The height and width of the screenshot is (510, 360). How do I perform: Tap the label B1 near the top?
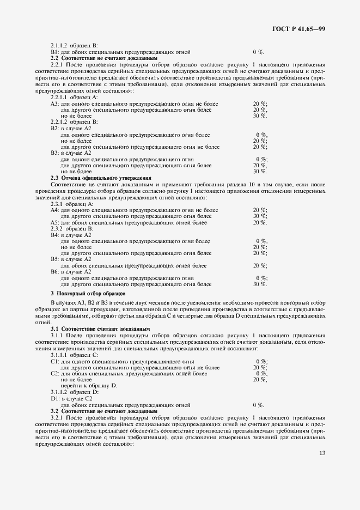coord(54,52)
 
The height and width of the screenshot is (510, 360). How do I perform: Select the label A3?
coord(54,104)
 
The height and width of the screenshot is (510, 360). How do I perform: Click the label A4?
coord(54,210)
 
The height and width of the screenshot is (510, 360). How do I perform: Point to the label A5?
coord(54,223)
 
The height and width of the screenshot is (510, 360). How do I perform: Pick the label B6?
coord(54,271)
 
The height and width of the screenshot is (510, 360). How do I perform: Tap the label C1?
coord(54,361)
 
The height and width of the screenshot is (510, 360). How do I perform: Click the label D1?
coord(54,399)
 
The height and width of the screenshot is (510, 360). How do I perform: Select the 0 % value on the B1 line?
coord(258,52)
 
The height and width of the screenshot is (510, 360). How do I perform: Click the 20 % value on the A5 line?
coord(260,223)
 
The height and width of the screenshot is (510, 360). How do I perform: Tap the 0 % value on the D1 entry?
coord(258,405)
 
